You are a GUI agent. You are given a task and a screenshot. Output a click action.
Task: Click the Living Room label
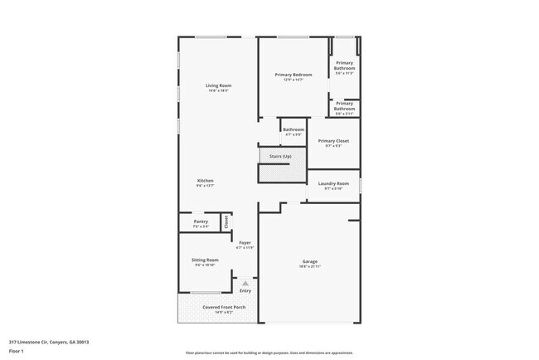pos(218,85)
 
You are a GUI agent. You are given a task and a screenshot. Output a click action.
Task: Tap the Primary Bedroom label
pos(294,75)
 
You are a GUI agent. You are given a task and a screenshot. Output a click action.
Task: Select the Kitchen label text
pos(205,181)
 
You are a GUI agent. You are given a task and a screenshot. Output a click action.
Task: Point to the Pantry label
pos(201,221)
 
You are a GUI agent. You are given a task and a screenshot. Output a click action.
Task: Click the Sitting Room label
pos(205,260)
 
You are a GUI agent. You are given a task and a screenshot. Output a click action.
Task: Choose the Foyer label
pos(245,243)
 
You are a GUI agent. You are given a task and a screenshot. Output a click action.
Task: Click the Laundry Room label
pos(333,183)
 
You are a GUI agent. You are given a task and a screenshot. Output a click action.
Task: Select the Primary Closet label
pos(333,141)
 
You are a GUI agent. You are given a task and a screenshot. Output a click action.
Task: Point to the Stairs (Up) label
pos(281,157)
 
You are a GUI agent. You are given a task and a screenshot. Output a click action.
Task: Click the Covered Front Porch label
pos(217,307)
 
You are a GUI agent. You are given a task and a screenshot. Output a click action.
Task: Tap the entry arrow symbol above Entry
pos(245,284)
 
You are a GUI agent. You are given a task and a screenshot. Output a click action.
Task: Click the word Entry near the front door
pos(245,291)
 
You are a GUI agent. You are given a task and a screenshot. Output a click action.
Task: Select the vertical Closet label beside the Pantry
pos(226,222)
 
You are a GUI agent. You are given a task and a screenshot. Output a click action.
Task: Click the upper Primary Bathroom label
pos(344,66)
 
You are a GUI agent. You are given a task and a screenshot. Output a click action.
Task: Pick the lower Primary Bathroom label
pos(344,106)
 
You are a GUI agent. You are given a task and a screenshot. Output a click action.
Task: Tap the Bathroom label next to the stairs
pos(293,129)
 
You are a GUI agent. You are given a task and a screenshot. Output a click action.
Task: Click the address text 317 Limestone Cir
pos(49,340)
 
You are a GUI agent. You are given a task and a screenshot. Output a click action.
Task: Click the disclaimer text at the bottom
pos(269,353)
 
